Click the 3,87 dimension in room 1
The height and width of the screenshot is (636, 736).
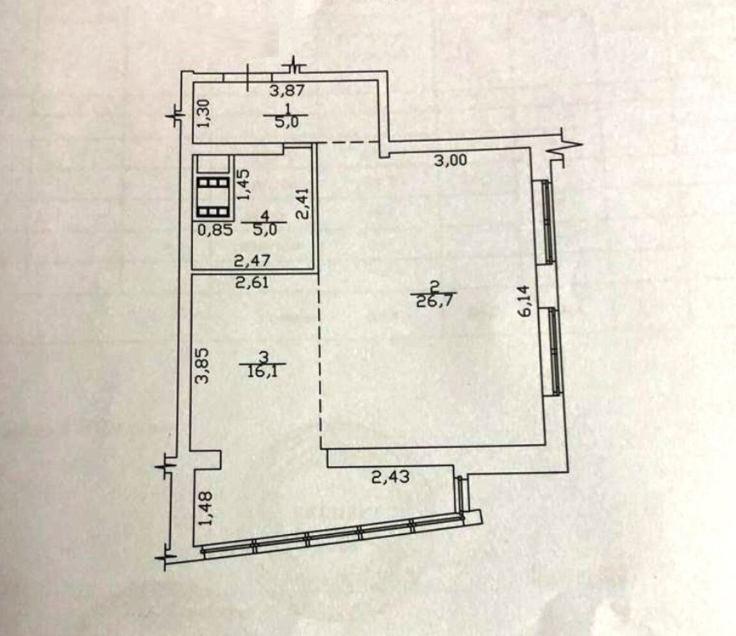tap(288, 90)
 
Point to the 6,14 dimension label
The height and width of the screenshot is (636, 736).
tap(525, 300)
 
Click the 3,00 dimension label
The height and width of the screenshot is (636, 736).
tap(451, 161)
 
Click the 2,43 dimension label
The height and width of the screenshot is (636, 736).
tap(390, 477)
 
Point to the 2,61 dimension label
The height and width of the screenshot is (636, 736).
tap(252, 282)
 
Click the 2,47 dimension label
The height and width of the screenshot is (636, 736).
tap(252, 261)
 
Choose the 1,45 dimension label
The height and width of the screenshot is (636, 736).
tap(244, 184)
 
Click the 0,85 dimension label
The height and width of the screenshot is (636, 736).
tap(215, 230)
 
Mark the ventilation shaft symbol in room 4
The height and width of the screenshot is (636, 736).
tap(213, 197)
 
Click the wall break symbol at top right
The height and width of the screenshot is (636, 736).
tap(568, 148)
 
